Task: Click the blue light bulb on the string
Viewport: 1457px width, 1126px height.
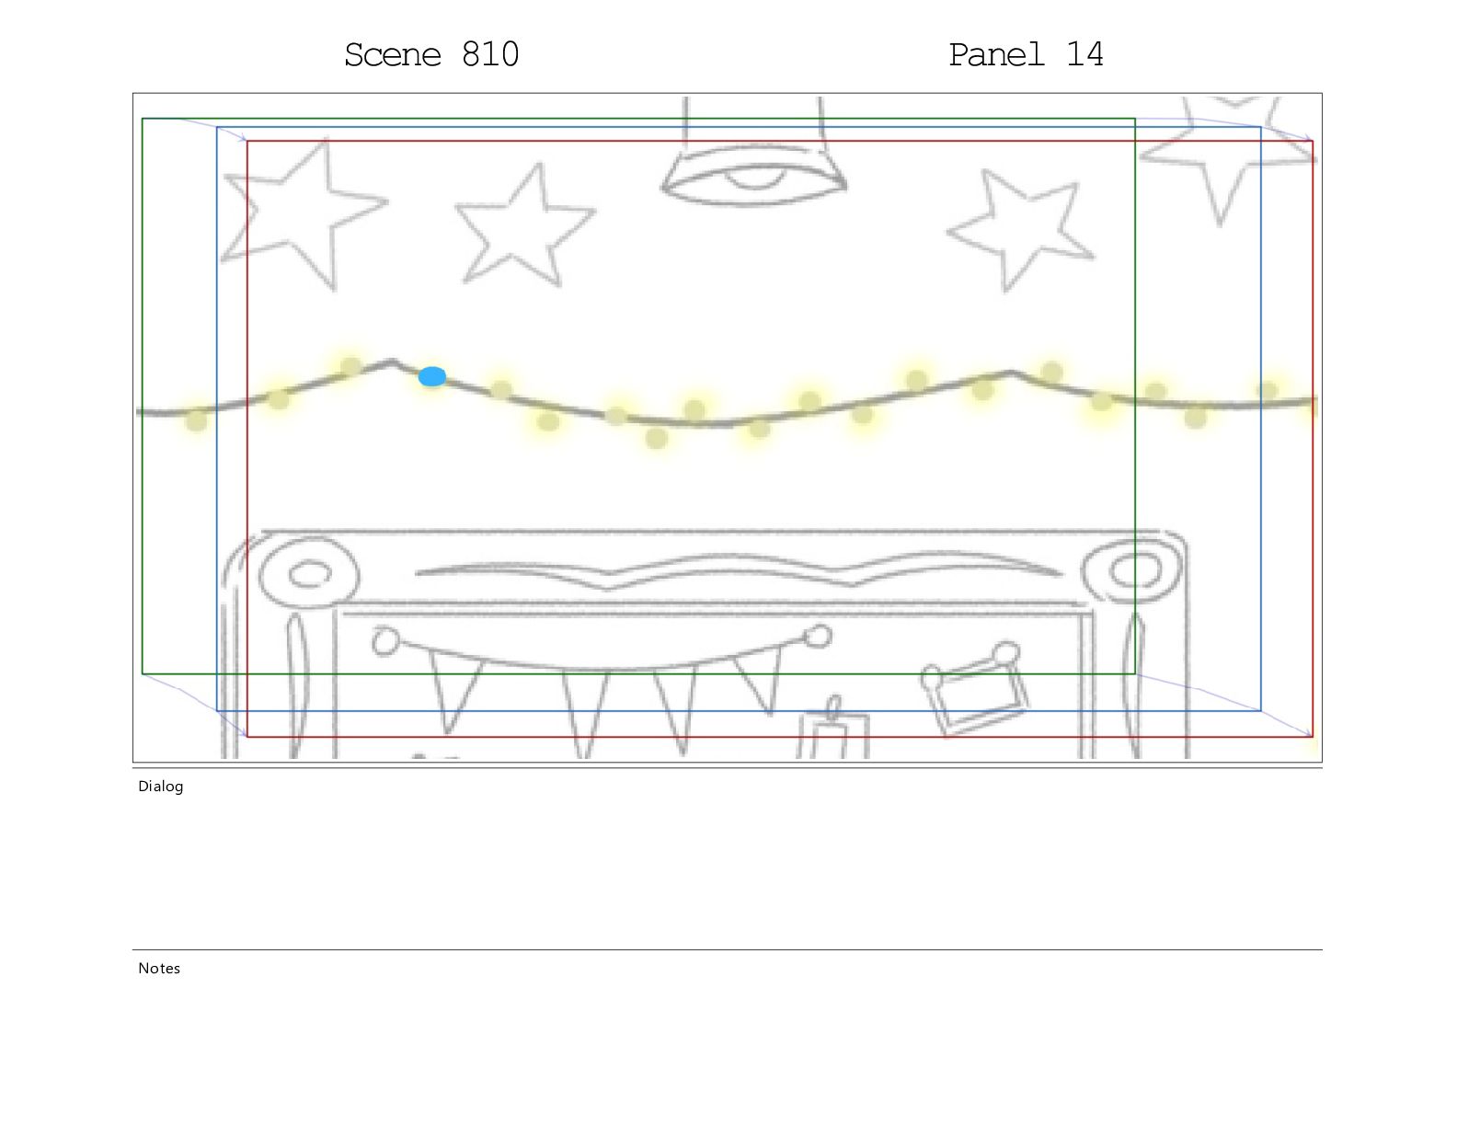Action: coord(431,376)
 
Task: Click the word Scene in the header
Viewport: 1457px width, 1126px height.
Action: coord(393,55)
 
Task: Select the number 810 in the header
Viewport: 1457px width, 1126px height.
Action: coord(490,54)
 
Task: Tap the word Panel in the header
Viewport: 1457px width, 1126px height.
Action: coord(996,55)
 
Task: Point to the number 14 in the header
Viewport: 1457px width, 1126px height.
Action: coord(1084,54)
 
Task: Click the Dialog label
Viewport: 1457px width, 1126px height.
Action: coord(160,787)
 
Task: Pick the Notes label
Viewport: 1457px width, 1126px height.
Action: coord(159,969)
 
